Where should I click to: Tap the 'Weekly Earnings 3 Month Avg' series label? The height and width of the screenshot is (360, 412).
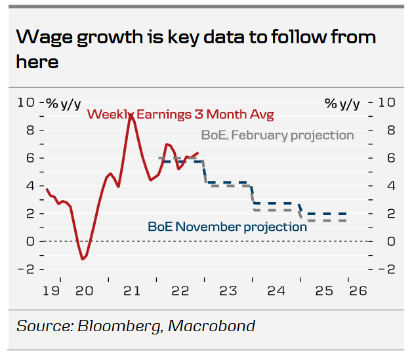180,114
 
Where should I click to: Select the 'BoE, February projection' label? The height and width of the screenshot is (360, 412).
277,135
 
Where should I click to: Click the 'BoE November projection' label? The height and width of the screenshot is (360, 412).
227,227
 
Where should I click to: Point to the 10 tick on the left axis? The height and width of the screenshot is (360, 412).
26,102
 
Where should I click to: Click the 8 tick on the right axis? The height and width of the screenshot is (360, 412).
387,130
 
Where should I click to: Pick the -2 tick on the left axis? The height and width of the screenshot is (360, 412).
26,270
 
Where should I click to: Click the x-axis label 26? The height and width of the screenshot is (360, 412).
357,290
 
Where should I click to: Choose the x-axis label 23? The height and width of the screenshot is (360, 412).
228,290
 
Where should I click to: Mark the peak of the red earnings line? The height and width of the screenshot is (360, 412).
131,115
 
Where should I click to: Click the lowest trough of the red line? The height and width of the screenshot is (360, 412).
83,259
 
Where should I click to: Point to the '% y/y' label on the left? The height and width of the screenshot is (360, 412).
63,103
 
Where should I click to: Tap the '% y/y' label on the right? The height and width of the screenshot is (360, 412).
342,103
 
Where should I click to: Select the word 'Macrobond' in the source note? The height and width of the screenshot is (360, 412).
216,326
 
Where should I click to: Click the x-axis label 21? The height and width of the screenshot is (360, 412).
132,290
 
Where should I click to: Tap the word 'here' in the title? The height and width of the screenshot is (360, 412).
37,62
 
